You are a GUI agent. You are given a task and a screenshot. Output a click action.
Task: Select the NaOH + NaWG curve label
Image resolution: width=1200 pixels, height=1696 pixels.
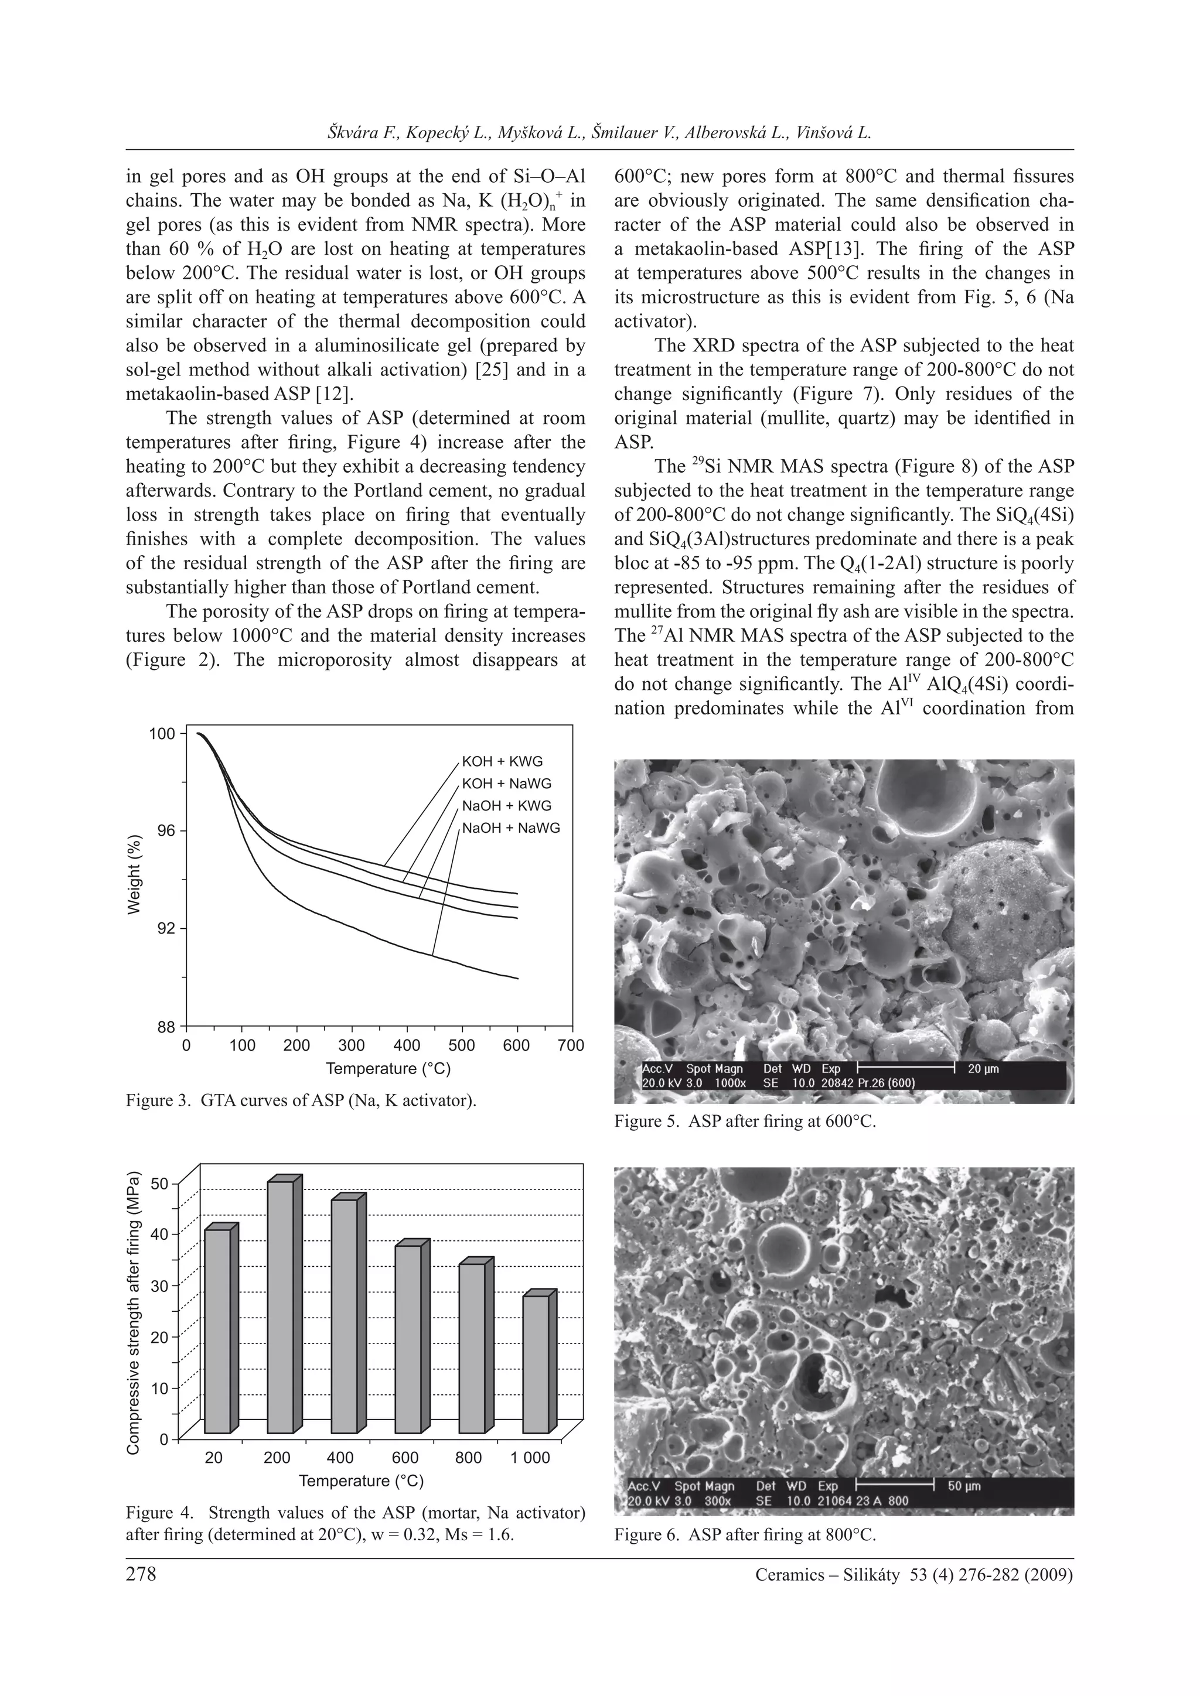(510, 828)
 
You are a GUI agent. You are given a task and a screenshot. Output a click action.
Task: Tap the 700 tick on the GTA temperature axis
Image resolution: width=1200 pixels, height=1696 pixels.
(571, 1045)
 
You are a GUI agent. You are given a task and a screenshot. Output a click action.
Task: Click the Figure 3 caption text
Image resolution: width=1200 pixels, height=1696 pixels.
(301, 1102)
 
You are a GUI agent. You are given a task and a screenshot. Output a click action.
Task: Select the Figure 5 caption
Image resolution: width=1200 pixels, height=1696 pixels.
(744, 1122)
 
